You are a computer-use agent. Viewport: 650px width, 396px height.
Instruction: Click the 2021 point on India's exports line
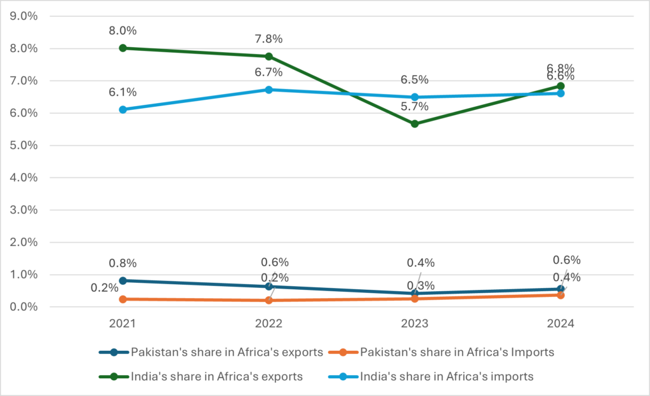point(123,48)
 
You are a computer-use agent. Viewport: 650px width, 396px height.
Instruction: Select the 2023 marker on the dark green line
point(415,124)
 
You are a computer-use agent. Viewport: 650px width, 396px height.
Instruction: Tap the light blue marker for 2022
point(269,90)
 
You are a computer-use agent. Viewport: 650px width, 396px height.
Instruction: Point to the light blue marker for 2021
point(123,109)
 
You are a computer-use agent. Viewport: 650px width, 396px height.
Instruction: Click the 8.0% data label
point(123,31)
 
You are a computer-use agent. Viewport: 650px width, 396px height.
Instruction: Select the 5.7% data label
point(415,106)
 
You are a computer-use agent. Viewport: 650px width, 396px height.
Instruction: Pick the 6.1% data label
point(123,92)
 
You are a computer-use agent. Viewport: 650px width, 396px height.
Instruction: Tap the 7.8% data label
point(269,39)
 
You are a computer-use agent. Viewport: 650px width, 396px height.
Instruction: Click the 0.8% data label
point(123,263)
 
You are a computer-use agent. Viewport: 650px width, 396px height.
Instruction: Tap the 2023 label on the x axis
point(415,324)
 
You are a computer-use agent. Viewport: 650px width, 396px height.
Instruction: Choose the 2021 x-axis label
point(123,324)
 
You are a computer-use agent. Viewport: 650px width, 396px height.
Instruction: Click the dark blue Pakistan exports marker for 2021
point(123,280)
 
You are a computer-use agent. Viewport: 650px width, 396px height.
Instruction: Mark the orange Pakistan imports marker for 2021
point(123,299)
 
